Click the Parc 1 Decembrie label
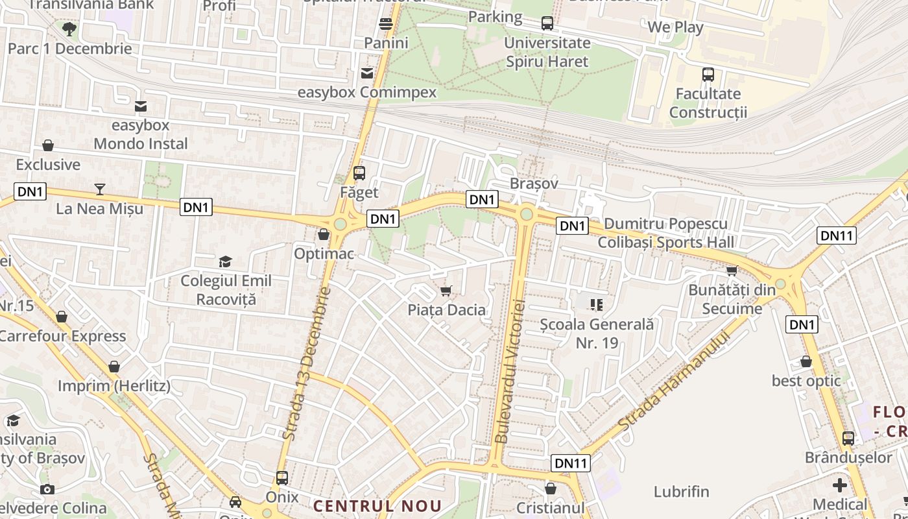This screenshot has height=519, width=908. click(x=69, y=49)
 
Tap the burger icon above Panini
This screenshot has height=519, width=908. click(x=386, y=24)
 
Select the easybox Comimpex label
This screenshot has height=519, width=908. click(x=367, y=92)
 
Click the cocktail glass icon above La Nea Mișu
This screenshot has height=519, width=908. click(x=99, y=189)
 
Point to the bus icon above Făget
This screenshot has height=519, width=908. click(x=359, y=173)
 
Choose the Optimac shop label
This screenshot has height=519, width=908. click(x=324, y=253)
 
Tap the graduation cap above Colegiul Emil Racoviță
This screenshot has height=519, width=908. click(x=225, y=261)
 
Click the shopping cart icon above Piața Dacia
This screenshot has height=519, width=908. click(x=446, y=290)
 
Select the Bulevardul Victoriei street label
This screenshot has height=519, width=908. click(x=510, y=371)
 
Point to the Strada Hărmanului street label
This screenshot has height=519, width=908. click(x=675, y=381)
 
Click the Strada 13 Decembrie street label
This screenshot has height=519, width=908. click(x=307, y=363)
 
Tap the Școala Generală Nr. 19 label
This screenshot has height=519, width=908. click(x=597, y=333)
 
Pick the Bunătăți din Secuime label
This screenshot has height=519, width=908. click(x=732, y=299)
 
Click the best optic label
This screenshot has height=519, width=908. click(x=806, y=381)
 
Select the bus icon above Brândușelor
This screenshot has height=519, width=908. click(x=848, y=438)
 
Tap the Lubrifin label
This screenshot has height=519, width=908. click(x=681, y=492)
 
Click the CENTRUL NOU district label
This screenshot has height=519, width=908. click(x=377, y=506)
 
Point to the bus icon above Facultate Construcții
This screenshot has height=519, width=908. click(x=708, y=75)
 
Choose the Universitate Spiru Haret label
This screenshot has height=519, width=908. click(x=547, y=53)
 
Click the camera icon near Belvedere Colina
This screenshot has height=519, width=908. click(x=47, y=489)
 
